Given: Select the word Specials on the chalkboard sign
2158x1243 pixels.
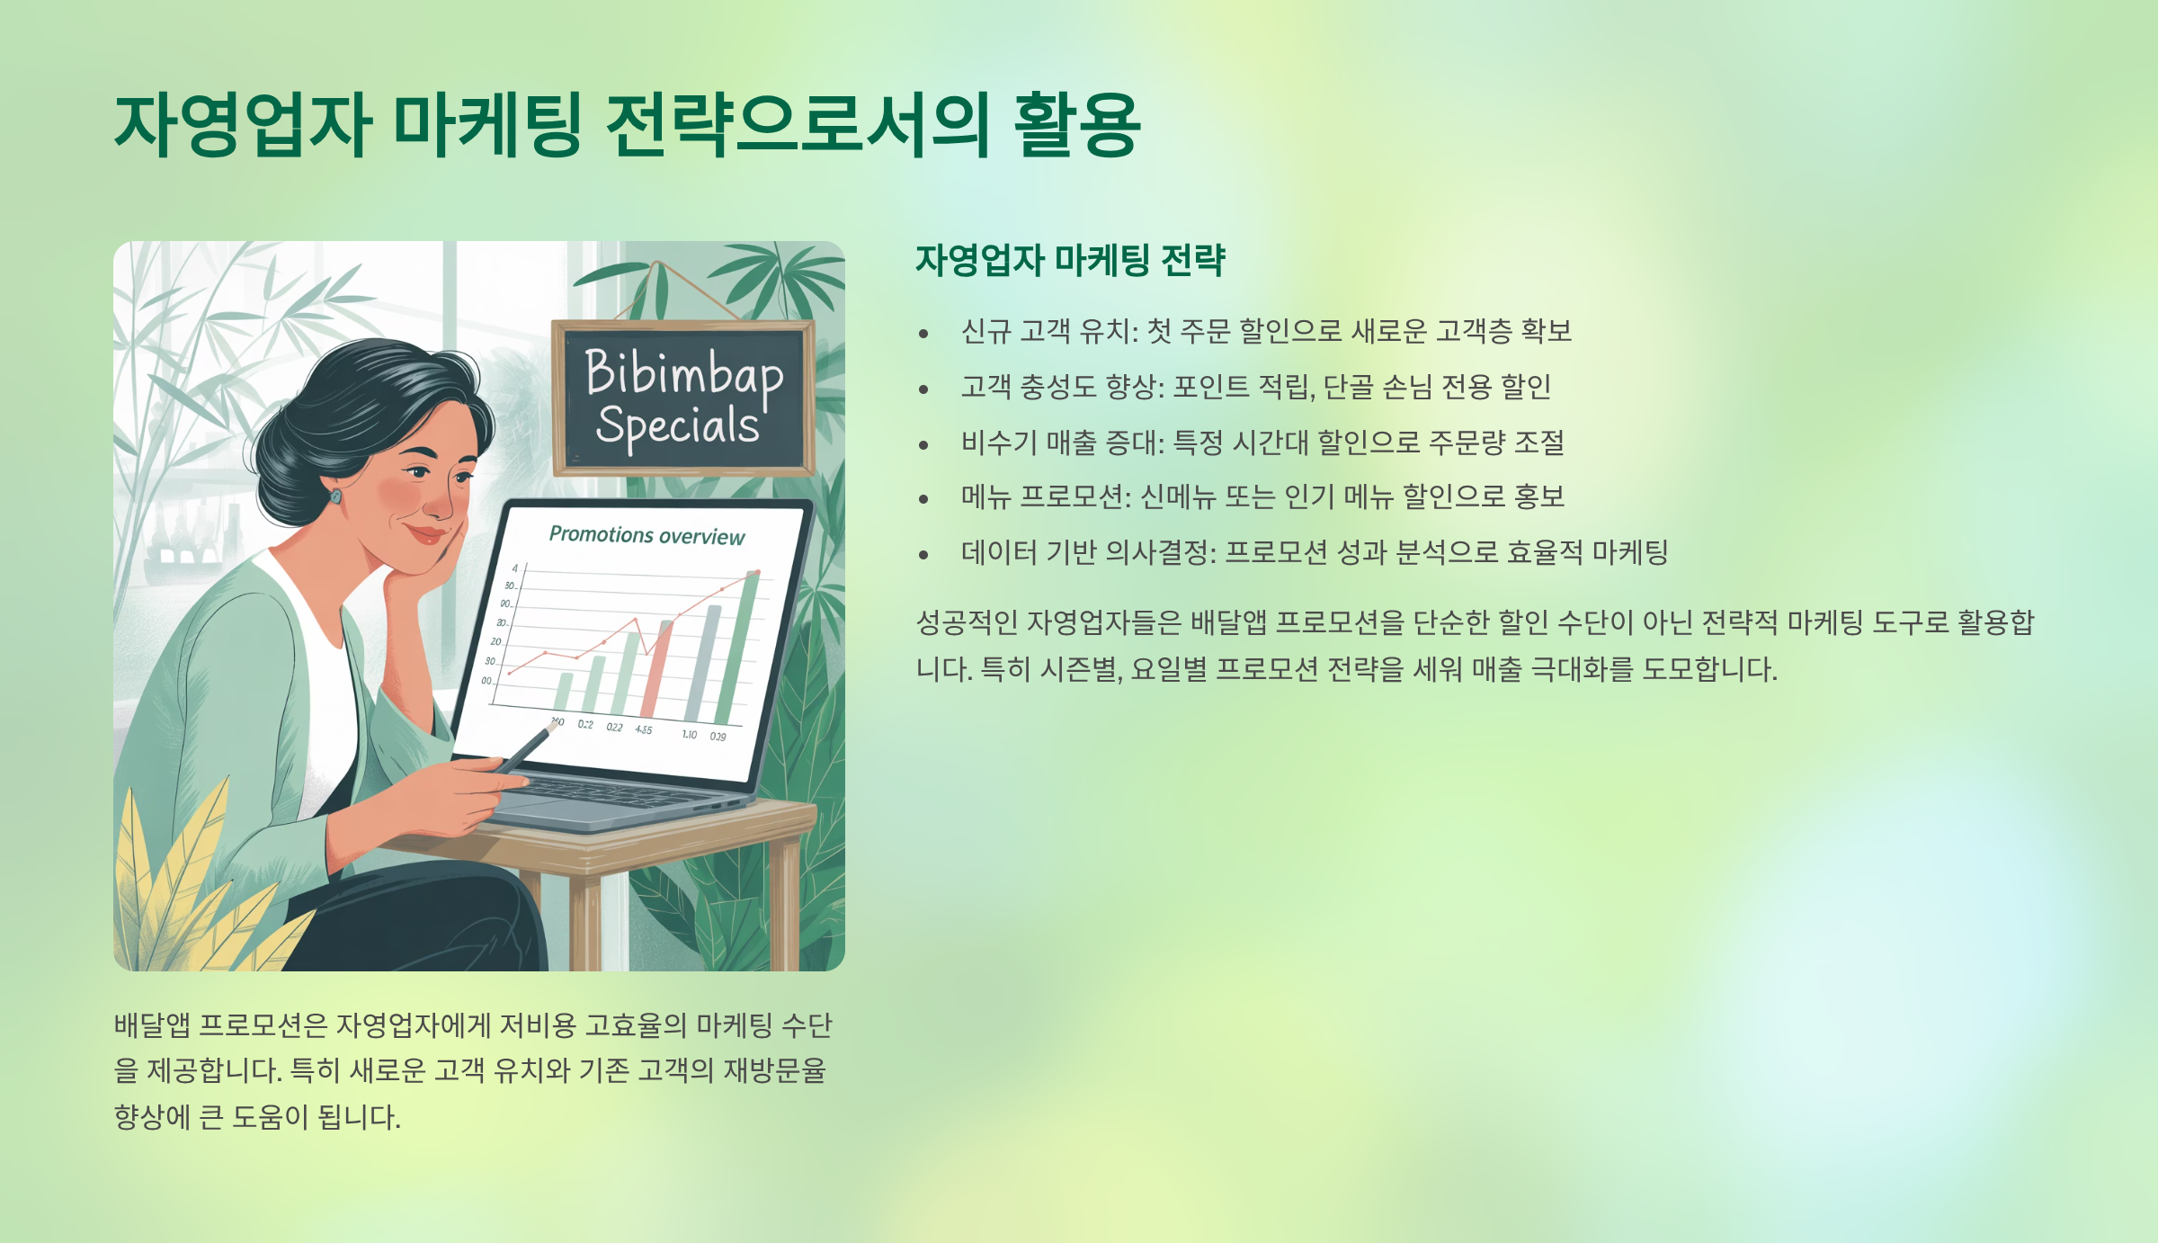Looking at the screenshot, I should (x=677, y=425).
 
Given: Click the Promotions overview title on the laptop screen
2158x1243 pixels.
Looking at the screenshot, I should (x=647, y=535).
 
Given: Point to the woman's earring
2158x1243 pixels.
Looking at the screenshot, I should (x=335, y=496).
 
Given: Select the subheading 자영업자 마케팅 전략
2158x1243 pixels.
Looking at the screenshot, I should (x=1070, y=261).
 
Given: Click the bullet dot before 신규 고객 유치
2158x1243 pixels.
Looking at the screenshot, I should (x=923, y=335).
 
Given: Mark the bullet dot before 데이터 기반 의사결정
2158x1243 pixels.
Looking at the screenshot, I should (x=923, y=555).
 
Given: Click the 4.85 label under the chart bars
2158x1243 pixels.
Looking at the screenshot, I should (x=644, y=729).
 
